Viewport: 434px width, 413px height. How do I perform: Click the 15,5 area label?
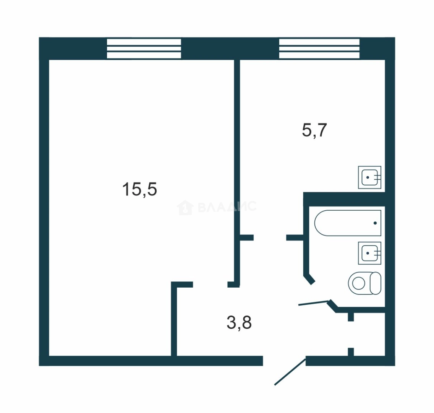139,189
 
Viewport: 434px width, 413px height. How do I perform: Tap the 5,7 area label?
314,130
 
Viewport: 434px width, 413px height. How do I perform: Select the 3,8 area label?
239,323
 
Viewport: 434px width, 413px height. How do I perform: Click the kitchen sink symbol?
369,177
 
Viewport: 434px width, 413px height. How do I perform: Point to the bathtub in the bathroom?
348,223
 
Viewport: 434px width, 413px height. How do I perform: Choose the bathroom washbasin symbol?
369,253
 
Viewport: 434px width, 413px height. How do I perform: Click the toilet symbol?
364,283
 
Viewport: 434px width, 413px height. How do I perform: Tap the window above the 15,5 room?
144,49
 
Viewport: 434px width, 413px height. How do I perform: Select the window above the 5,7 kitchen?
319,49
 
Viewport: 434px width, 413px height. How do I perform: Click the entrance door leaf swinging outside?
290,372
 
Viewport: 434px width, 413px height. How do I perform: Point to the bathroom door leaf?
314,303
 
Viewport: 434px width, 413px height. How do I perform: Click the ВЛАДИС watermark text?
227,207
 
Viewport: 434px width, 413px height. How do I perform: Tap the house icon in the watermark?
185,208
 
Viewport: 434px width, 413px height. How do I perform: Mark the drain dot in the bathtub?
375,223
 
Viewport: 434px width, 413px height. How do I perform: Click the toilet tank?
376,283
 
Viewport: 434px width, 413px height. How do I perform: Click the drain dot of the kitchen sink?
368,177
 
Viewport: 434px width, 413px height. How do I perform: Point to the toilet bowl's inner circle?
358,283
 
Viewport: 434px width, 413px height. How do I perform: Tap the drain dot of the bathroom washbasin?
368,253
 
